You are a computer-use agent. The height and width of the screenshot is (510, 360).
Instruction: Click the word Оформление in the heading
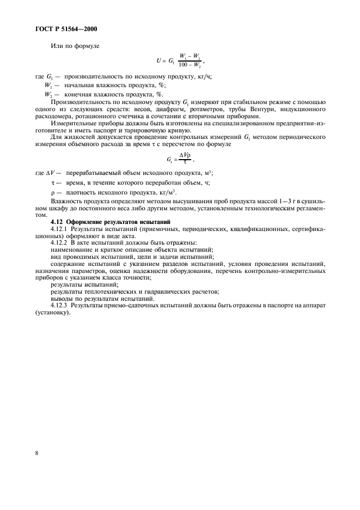87,222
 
